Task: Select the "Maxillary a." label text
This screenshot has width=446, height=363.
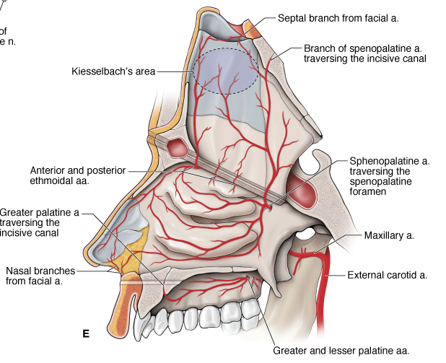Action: pyautogui.click(x=390, y=235)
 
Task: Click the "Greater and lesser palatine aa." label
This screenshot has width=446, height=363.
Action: pyautogui.click(x=341, y=350)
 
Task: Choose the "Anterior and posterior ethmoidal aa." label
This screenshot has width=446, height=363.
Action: pyautogui.click(x=78, y=176)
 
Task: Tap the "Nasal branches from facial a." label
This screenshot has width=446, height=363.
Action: pyautogui.click(x=44, y=276)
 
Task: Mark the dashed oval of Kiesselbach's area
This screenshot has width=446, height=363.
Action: pyautogui.click(x=225, y=71)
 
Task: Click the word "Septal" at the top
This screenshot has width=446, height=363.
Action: pyautogui.click(x=292, y=15)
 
